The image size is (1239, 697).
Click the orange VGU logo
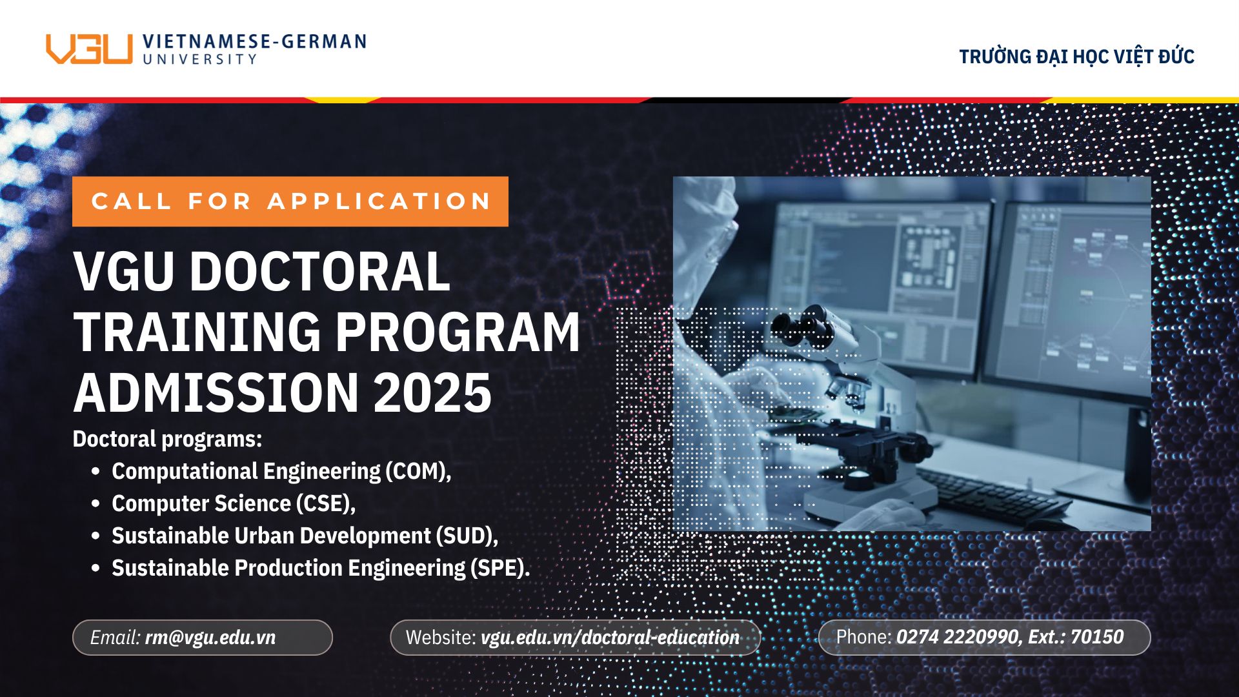(89, 49)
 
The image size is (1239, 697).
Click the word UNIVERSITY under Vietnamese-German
(200, 59)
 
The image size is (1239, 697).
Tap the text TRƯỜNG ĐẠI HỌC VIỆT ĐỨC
(1076, 57)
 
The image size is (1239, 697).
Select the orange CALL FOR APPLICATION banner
(290, 201)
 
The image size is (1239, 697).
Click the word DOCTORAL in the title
(319, 271)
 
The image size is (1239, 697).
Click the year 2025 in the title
(432, 392)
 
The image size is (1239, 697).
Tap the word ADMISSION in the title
(216, 392)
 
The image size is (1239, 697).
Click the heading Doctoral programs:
(167, 439)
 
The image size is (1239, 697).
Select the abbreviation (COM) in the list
(418, 471)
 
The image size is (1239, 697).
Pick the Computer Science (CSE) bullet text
(233, 503)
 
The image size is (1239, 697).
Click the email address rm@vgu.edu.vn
(210, 638)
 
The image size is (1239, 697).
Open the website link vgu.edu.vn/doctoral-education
(610, 638)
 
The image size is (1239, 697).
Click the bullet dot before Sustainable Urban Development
(96, 536)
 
